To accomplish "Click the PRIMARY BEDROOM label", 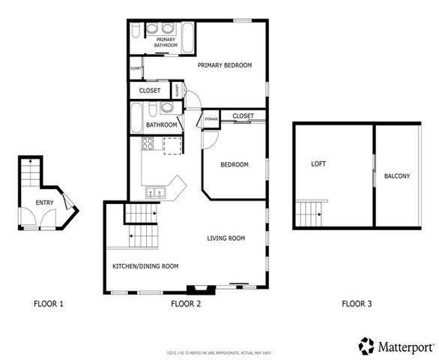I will click(225, 65).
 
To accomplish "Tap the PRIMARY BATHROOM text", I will click(166, 43).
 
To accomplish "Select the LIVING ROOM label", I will click(226, 238).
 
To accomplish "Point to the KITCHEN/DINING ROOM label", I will click(145, 266).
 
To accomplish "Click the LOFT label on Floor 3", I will click(318, 163).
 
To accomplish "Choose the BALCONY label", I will click(396, 177).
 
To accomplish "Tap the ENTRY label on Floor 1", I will click(44, 203).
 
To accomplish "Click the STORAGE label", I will click(211, 118).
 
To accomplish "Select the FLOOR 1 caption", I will click(49, 304).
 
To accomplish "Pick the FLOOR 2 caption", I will click(186, 304).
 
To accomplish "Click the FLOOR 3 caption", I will click(356, 304).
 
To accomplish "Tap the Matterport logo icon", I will click(366, 346).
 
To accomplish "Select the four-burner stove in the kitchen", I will click(148, 144).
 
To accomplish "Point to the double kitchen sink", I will click(155, 193).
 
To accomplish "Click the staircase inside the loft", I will click(312, 211).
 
